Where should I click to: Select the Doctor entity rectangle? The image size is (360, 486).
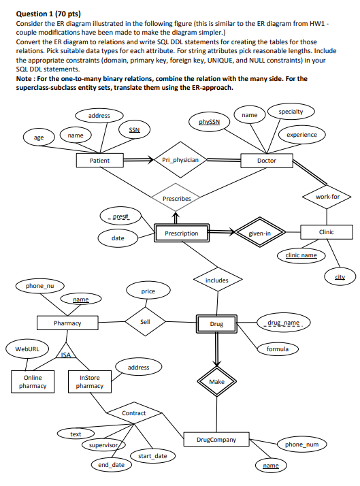[x=266, y=161]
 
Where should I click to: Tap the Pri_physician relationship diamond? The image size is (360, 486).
[x=180, y=161]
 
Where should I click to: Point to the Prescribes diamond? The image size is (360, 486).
[x=176, y=198]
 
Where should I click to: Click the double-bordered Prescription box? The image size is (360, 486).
[x=182, y=233]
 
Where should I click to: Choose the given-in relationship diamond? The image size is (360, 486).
[x=259, y=233]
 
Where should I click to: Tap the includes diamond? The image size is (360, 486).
[x=217, y=280]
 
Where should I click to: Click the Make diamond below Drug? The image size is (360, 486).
[x=217, y=382]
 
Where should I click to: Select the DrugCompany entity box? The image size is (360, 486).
[x=217, y=440]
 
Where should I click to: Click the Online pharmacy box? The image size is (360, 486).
[x=33, y=381]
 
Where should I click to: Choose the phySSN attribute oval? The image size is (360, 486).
[x=209, y=122]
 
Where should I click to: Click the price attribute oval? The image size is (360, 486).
[x=148, y=291]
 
